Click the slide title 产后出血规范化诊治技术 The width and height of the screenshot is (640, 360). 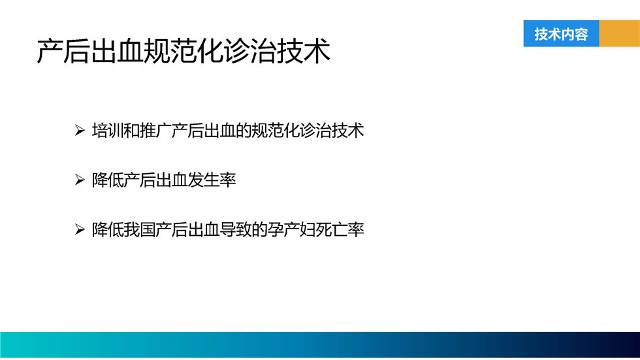point(184,52)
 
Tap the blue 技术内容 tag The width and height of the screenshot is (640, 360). point(561,33)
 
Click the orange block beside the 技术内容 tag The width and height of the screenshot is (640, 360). point(620,33)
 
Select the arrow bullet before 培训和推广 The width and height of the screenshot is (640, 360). point(80,131)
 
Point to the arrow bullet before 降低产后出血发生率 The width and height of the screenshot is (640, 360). point(80,180)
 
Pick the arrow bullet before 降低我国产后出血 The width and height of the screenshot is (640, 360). point(80,229)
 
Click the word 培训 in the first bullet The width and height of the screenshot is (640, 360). point(107,131)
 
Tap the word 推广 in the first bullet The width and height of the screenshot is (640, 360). point(155,131)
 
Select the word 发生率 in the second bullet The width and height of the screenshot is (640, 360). point(212,180)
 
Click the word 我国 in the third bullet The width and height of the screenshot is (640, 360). point(139,229)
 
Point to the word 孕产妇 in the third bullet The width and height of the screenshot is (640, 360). point(291,229)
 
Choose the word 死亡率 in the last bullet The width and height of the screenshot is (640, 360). point(340,229)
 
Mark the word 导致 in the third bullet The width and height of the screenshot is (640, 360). point(236,229)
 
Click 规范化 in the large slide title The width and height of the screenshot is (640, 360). point(184,52)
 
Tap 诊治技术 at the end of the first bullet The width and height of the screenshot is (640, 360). point(332,131)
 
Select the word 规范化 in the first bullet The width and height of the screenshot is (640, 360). point(276,131)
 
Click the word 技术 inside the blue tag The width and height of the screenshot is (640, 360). point(548,34)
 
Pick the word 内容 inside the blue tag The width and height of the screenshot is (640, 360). point(575,34)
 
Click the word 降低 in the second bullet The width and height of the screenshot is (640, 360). point(107,180)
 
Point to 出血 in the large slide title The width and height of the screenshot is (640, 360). point(117,52)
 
